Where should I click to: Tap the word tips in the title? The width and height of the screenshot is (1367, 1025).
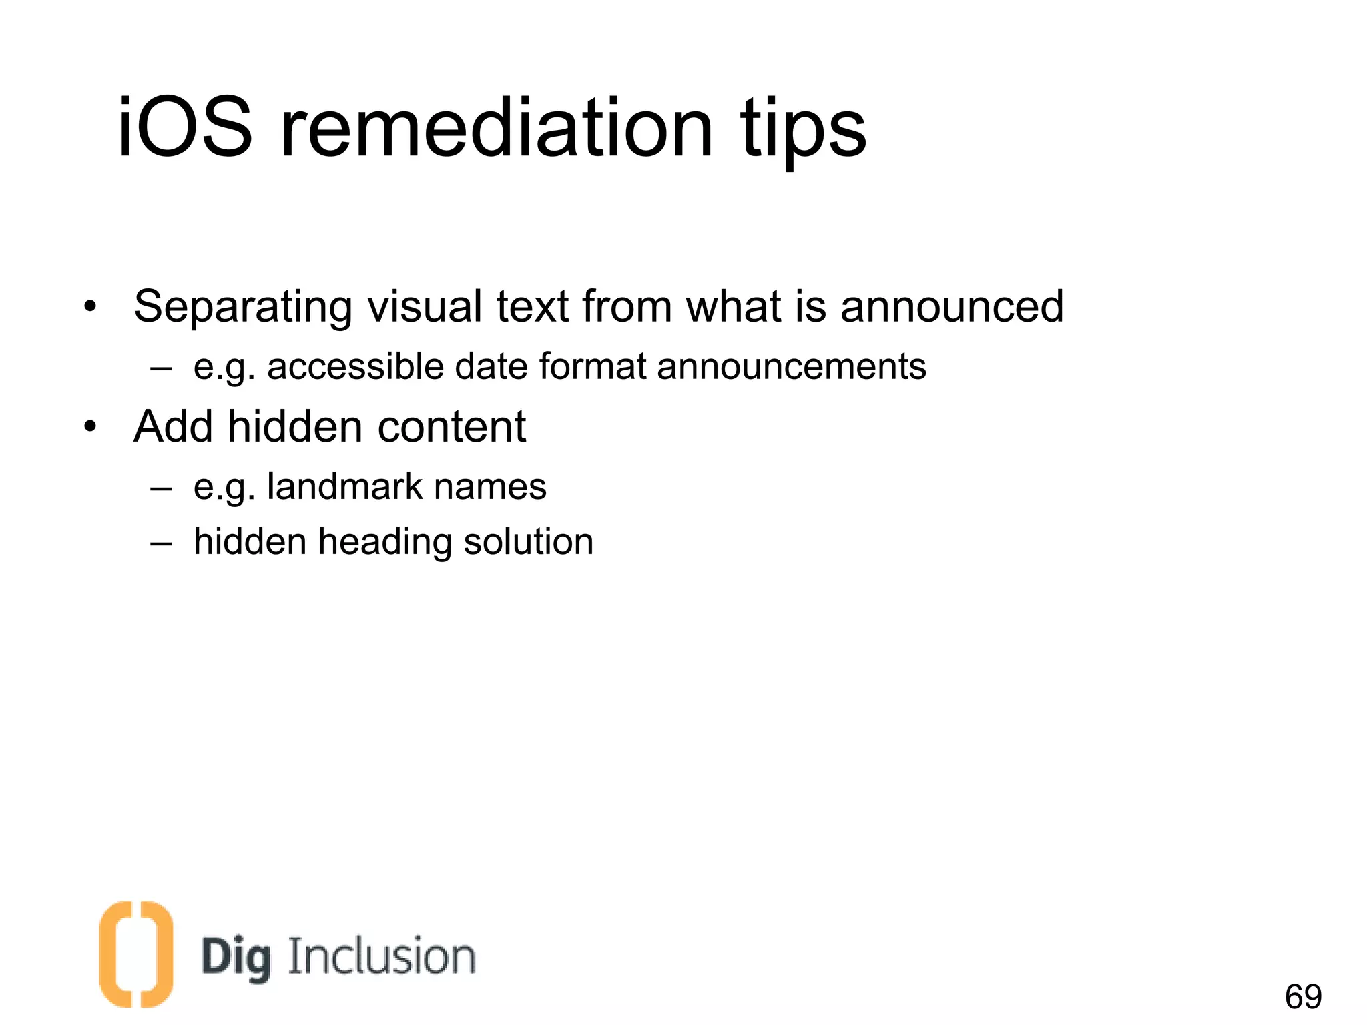pyautogui.click(x=803, y=130)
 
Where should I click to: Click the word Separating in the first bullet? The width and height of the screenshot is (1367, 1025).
pyautogui.click(x=242, y=307)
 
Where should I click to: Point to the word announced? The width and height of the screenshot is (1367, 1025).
pyautogui.click(x=952, y=307)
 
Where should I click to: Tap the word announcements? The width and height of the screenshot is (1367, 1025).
pyautogui.click(x=792, y=366)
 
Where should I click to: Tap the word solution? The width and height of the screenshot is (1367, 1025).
pyautogui.click(x=528, y=541)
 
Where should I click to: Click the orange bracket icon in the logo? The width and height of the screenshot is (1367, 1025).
pyautogui.click(x=135, y=954)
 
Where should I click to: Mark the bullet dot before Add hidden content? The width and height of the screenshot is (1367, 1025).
pyautogui.click(x=91, y=427)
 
